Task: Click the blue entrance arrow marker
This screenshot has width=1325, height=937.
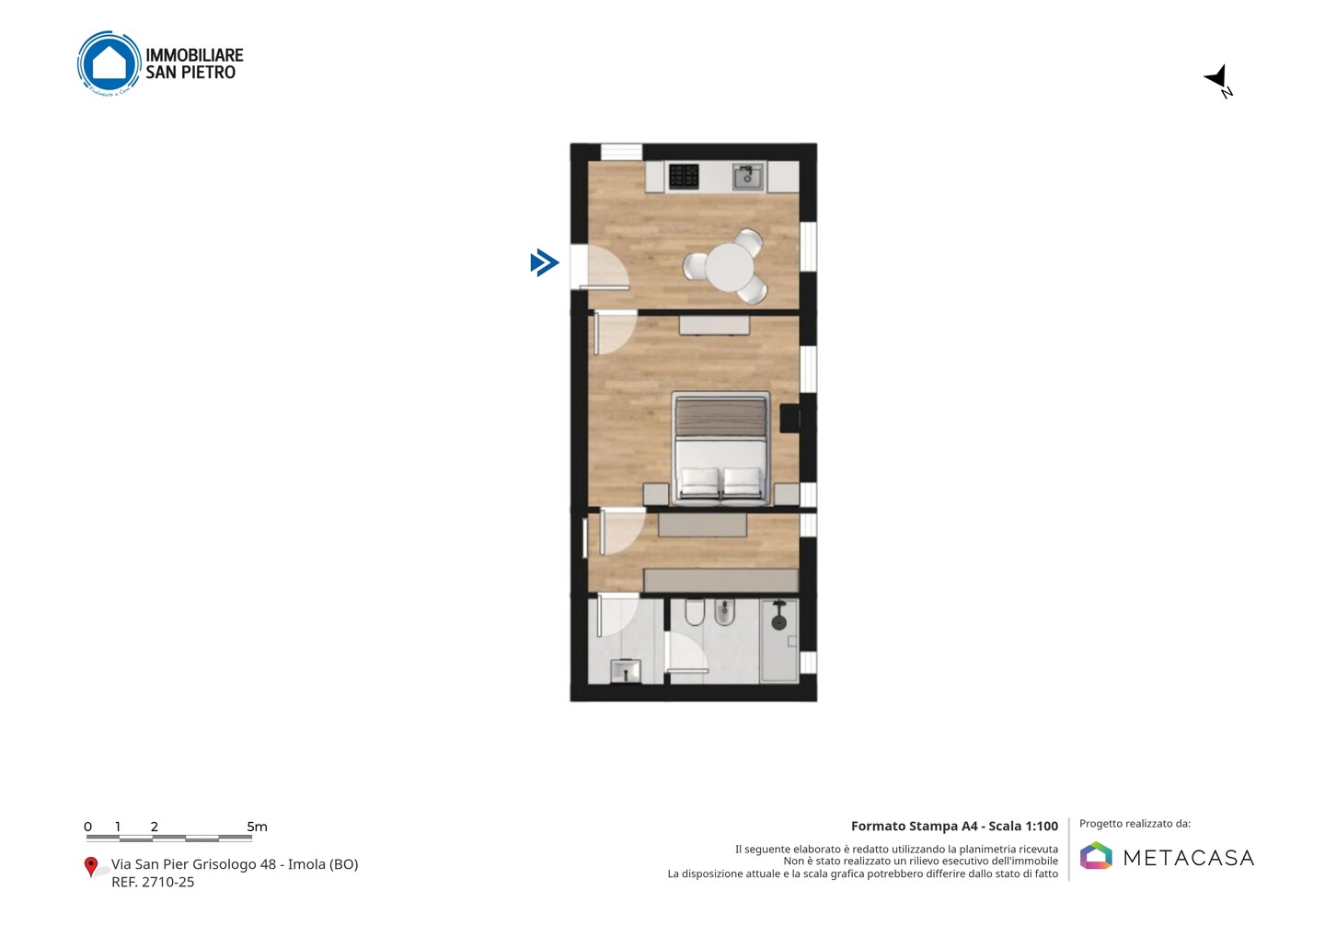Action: pos(544,262)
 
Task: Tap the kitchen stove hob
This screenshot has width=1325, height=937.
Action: pos(684,177)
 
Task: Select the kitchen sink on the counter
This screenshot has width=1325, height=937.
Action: pos(748,177)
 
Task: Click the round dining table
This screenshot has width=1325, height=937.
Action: pos(729,267)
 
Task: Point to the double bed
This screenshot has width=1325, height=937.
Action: pos(721,448)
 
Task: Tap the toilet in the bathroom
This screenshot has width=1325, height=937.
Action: pos(695,612)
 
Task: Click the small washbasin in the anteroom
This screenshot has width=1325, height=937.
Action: pos(626,671)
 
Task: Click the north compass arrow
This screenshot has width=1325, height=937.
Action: pos(1216,78)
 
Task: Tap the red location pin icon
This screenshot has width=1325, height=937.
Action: pos(90,867)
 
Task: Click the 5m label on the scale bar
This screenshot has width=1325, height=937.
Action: pos(257,827)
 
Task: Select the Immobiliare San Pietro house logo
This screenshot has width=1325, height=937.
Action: pos(109,64)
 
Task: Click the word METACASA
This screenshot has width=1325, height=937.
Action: pos(1189,858)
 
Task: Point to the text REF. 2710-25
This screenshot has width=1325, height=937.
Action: pos(153,882)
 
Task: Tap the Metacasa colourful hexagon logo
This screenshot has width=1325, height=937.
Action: pos(1096,855)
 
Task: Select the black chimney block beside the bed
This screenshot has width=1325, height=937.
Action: pos(789,418)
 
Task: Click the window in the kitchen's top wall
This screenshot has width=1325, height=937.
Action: pos(622,152)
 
